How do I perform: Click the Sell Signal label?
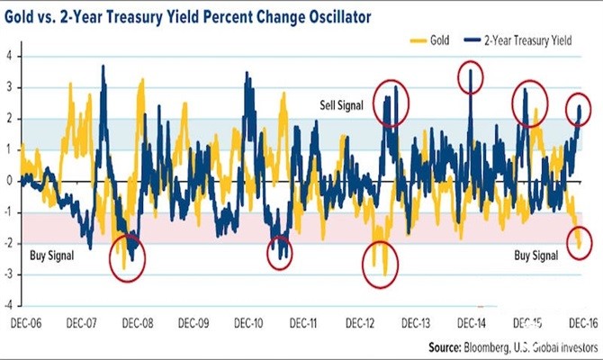(341, 105)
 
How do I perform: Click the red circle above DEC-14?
(471, 77)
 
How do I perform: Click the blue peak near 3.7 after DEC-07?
(103, 67)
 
